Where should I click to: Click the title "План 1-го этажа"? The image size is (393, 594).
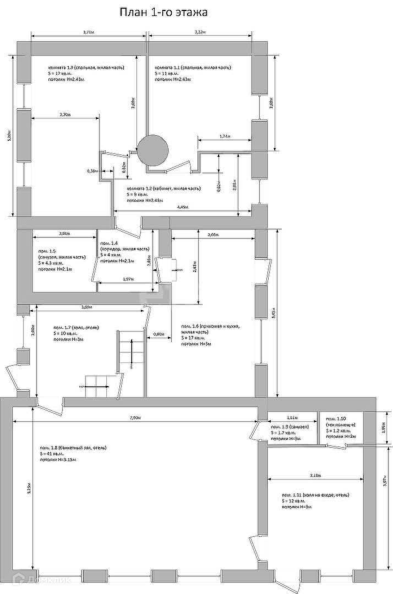tap(163, 12)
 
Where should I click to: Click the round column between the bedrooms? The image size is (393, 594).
tap(152, 150)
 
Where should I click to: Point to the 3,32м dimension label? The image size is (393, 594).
tap(200, 32)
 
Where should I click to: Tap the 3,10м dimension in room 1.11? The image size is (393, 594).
tap(315, 475)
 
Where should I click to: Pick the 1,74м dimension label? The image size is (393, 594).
tap(225, 136)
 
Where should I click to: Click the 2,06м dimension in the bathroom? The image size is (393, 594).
tap(64, 233)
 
